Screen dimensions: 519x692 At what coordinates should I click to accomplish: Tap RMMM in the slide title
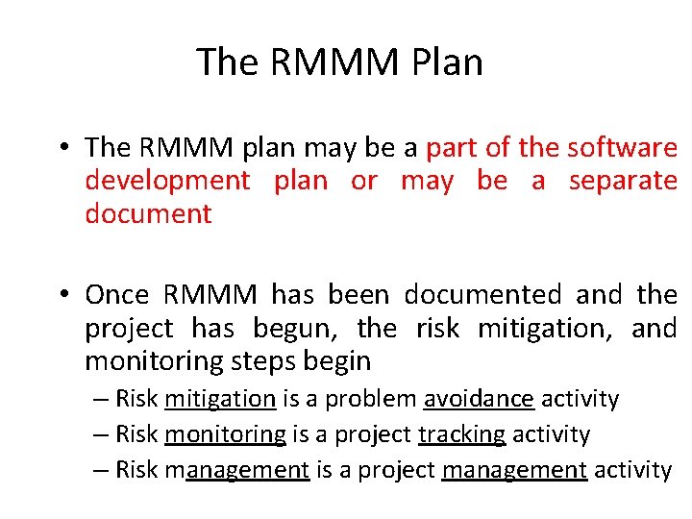(x=333, y=62)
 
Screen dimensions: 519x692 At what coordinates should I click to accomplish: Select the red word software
(x=622, y=147)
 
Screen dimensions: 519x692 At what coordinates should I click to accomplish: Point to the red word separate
(x=623, y=181)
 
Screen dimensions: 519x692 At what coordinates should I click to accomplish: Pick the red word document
(x=148, y=213)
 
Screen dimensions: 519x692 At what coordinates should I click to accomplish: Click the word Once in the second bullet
(x=117, y=294)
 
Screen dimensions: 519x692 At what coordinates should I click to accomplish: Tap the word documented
(x=482, y=294)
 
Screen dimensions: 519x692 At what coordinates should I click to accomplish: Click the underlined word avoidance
(x=479, y=398)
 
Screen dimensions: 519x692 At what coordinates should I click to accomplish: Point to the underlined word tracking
(x=461, y=434)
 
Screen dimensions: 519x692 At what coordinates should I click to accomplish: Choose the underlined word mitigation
(x=220, y=398)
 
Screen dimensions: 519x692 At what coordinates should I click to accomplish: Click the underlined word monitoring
(x=225, y=434)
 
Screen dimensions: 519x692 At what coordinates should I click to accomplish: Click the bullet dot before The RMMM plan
(x=60, y=148)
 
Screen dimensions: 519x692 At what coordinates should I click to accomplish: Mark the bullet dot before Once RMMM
(x=60, y=294)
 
